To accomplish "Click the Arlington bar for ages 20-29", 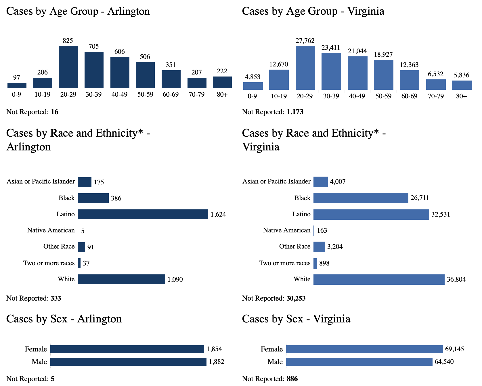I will (x=68, y=67).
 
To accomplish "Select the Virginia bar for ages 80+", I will (x=462, y=85).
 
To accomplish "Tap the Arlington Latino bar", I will (x=143, y=214).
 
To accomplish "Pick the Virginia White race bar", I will (x=379, y=279).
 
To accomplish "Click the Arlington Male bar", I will (x=128, y=362).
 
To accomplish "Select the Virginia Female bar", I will (x=364, y=349).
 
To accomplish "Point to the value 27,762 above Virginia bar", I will (x=305, y=41).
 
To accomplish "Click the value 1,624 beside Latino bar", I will (x=218, y=215).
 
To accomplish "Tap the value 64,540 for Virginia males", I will (x=444, y=362).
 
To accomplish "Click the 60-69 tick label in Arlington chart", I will (x=171, y=94).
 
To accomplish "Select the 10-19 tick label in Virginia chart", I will (x=279, y=96).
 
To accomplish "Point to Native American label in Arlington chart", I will (x=51, y=230).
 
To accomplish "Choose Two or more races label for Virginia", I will (x=284, y=263).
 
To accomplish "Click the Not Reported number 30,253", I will (x=296, y=299).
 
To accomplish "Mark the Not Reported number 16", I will (x=54, y=112).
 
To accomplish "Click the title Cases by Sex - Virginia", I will (x=296, y=319).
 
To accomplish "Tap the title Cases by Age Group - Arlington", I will (x=78, y=12).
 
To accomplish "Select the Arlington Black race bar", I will (x=93, y=198).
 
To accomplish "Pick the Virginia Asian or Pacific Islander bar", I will (x=320, y=182).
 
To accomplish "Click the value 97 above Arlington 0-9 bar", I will (x=17, y=78).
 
